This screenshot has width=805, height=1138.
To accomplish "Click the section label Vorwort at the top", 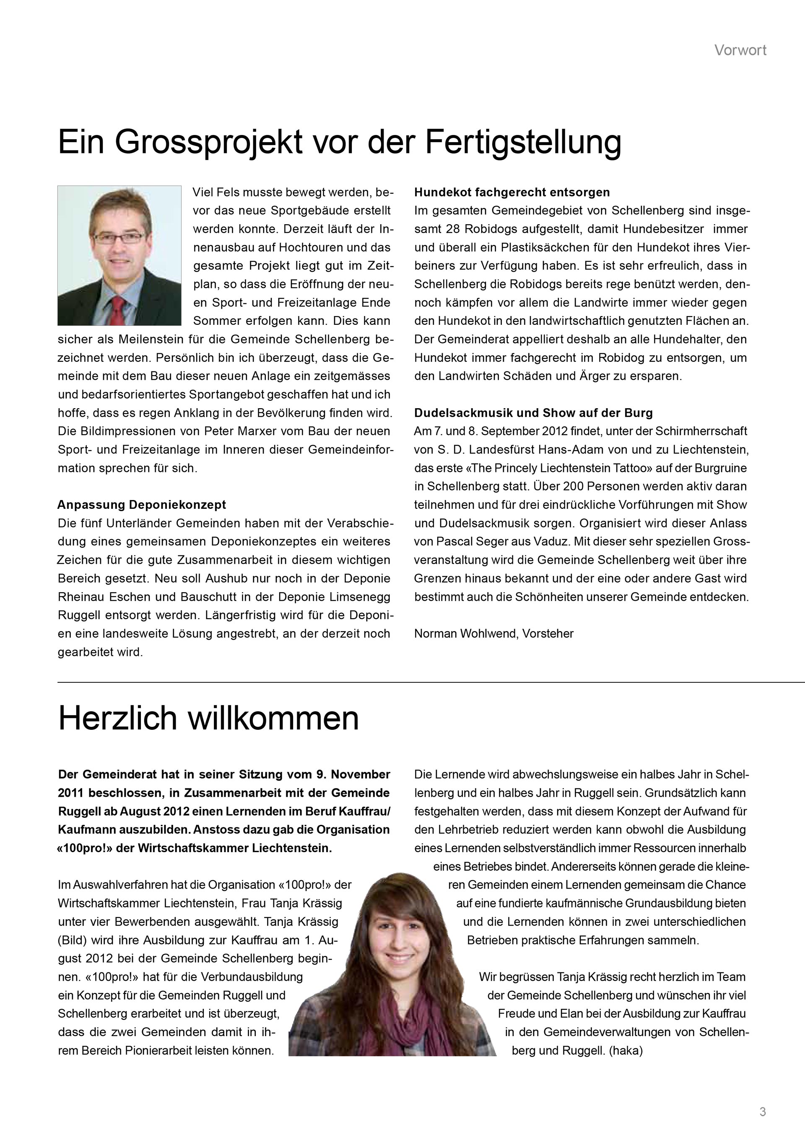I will point(740,50).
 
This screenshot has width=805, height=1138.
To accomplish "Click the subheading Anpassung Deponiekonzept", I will point(142,505).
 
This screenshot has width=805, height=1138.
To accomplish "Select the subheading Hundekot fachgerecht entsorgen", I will point(512,192).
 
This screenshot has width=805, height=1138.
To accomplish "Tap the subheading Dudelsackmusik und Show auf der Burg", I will point(533,413).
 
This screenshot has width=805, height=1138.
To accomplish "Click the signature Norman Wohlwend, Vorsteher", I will point(494,633).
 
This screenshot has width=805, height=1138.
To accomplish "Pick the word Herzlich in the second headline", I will point(117,718).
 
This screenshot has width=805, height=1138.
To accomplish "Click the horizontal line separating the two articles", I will point(431,682).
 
